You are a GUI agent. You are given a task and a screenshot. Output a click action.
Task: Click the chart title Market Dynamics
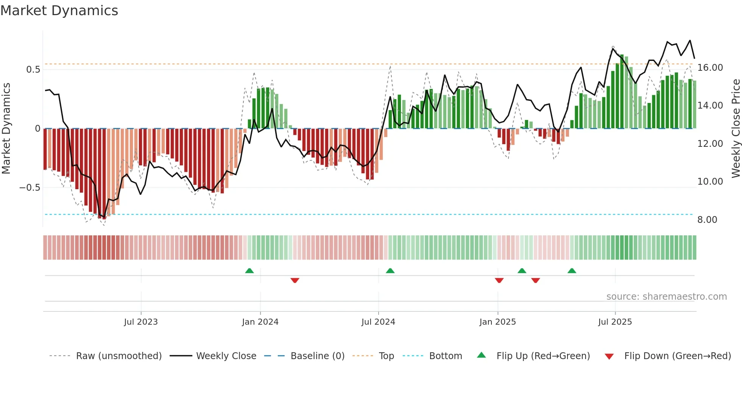59,11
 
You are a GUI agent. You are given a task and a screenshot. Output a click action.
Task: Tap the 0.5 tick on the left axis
33,70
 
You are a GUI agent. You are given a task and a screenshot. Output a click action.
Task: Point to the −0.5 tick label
30,188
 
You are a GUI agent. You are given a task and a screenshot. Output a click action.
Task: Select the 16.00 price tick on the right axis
710,68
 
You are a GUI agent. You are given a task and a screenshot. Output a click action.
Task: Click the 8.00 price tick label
707,220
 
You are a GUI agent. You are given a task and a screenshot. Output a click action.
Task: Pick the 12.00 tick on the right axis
710,144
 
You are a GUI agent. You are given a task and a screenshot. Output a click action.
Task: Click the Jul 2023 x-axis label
141,322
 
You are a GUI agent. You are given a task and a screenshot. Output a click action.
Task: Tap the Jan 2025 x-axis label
497,322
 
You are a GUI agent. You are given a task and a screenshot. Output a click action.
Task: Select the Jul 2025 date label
615,322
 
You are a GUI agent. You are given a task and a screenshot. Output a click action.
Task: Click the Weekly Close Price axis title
735,129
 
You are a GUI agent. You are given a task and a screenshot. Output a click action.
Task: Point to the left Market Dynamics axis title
6,129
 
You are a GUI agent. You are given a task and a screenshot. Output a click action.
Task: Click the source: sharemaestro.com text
666,297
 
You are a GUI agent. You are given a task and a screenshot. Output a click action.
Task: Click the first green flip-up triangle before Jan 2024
249,271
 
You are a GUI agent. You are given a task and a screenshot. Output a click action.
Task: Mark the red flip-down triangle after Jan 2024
295,280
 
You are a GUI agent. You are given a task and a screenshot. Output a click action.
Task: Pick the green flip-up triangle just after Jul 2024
390,271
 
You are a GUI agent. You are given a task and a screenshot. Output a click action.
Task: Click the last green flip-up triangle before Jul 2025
572,271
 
